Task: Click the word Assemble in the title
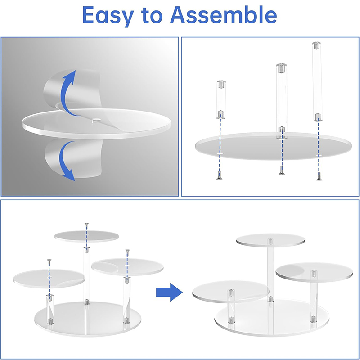[x=223, y=14]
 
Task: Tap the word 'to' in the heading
[x=152, y=16]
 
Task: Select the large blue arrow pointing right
[x=169, y=292]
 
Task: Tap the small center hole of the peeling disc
[x=96, y=120]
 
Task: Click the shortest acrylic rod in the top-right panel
[x=221, y=99]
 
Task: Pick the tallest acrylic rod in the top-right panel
[x=317, y=81]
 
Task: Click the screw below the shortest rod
[x=219, y=175]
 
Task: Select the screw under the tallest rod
[x=319, y=176]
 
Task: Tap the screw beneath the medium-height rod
[x=282, y=171]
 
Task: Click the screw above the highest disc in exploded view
[x=86, y=225]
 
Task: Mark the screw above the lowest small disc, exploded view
[x=49, y=262]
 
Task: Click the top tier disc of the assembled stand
[x=271, y=240]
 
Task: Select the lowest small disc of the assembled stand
[x=230, y=292]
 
